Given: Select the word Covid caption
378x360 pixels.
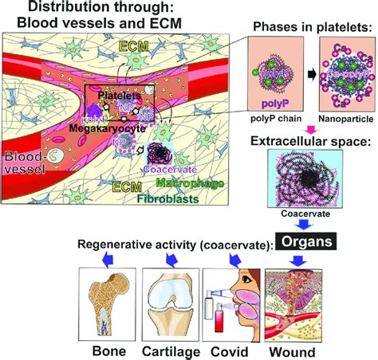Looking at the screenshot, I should tap(227, 350).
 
